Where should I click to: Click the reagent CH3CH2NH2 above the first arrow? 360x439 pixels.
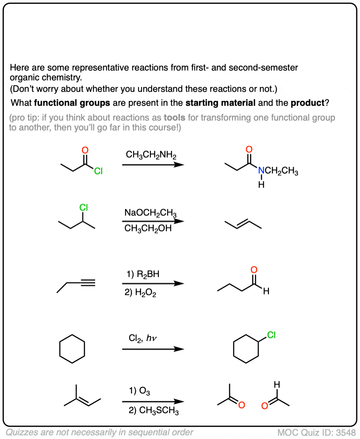(151, 155)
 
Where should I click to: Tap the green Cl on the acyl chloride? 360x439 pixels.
(98, 171)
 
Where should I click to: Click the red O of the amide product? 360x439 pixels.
(249, 149)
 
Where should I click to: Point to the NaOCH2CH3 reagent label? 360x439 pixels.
(150, 213)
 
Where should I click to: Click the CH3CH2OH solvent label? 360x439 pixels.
(148, 229)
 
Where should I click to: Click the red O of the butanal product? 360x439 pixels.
(254, 270)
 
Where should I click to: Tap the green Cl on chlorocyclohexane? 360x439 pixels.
(271, 336)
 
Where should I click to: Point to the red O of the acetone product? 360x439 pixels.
(242, 405)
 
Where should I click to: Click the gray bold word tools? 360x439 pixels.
(175, 118)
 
